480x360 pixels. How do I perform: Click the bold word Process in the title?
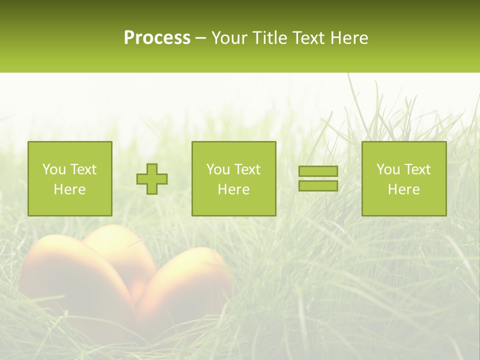tap(157, 38)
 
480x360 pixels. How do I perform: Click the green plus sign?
tap(152, 179)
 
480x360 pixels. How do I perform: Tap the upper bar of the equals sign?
tap(318, 171)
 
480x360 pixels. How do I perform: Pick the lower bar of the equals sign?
tap(318, 186)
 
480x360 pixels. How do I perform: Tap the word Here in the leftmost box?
tap(70, 189)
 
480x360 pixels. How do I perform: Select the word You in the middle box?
tap(217, 169)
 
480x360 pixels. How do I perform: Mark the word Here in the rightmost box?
tap(404, 189)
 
